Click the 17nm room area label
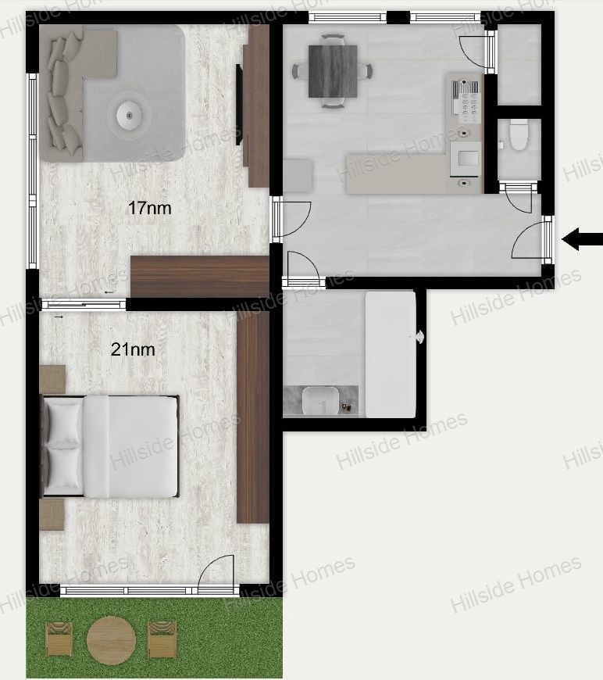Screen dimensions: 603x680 [x=149, y=208]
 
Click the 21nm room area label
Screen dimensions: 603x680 [x=133, y=349]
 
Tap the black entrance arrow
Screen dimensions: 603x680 [x=582, y=239]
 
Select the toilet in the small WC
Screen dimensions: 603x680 [x=519, y=135]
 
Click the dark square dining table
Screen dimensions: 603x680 [x=333, y=71]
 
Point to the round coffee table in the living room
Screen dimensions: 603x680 [x=129, y=116]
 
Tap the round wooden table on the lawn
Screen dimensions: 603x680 [x=112, y=641]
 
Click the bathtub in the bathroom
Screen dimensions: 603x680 [x=391, y=354]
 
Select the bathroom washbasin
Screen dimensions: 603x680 [x=320, y=401]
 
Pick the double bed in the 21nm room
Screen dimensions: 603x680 [x=109, y=446]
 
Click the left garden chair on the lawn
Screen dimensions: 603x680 [x=59, y=639]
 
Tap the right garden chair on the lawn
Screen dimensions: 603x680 [x=162, y=639]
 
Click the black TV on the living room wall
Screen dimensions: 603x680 [x=238, y=105]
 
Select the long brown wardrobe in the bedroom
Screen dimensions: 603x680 [x=253, y=417]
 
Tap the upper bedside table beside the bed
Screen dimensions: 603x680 [x=52, y=379]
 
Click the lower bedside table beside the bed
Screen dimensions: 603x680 [x=52, y=514]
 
